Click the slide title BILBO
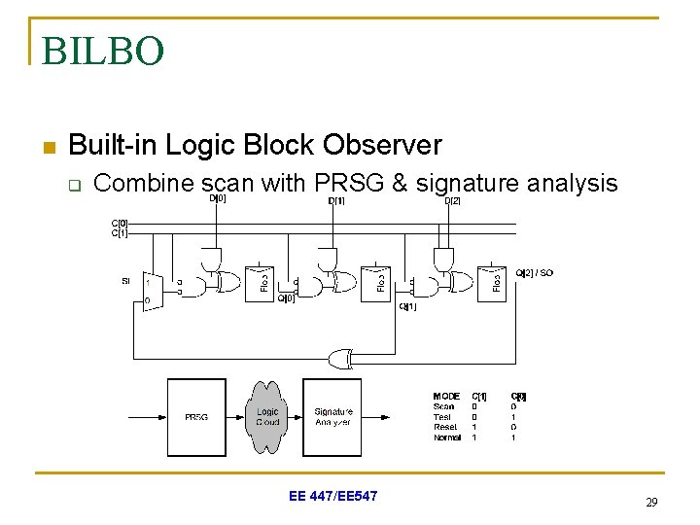(x=103, y=51)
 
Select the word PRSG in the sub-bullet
(x=350, y=182)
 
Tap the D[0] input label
(x=218, y=198)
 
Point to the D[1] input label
(x=335, y=201)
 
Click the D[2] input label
(x=452, y=201)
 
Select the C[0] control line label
(x=119, y=224)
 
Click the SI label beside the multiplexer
(x=125, y=281)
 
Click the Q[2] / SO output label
(x=534, y=273)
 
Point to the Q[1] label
(x=407, y=306)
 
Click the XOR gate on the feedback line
(x=341, y=359)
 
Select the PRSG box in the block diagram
(x=195, y=417)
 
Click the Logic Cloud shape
(x=266, y=417)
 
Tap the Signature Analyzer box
(x=332, y=417)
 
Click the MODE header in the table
(x=446, y=397)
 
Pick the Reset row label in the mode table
(x=444, y=427)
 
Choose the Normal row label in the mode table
(x=447, y=437)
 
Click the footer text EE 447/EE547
(x=333, y=497)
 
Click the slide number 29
(x=651, y=503)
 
